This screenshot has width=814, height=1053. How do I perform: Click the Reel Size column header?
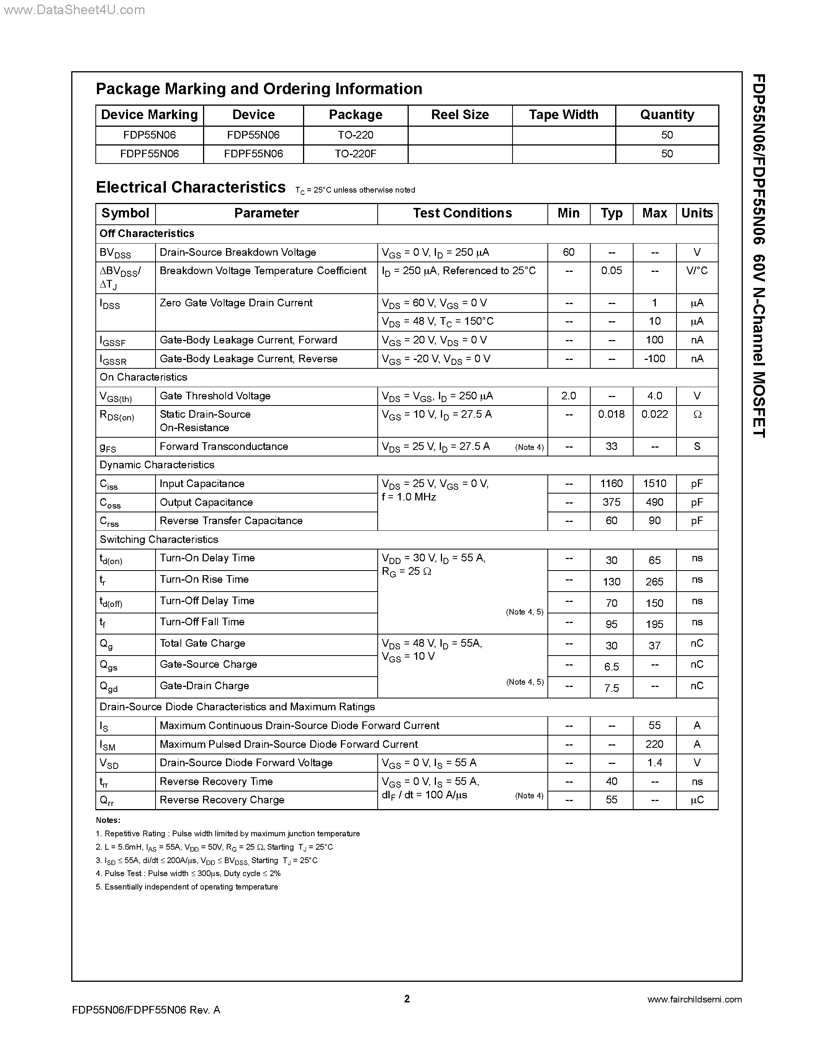460,115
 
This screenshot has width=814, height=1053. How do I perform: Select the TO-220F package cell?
355,154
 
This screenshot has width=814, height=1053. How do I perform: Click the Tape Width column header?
563,115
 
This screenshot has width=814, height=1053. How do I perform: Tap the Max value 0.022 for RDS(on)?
654,414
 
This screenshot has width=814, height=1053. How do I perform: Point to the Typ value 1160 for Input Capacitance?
611,484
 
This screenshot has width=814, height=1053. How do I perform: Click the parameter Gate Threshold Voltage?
215,396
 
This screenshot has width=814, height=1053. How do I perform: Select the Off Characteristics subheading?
147,233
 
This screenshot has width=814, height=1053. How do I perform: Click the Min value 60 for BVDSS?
568,252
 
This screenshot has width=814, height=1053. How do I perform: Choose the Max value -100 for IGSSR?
654,359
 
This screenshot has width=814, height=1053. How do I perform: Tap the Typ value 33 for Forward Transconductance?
611,446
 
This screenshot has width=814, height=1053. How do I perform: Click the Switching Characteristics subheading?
159,540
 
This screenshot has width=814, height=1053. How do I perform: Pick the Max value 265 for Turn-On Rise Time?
654,582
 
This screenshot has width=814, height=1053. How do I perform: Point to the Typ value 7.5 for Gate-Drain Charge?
611,688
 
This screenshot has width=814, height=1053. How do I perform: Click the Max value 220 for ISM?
654,744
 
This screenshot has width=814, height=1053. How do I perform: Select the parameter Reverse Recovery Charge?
222,800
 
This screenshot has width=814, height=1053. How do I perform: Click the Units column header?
697,213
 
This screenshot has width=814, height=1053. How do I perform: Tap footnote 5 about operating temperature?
187,887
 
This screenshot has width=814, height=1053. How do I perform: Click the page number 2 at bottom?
406,999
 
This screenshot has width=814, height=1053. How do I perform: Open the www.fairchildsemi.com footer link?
694,999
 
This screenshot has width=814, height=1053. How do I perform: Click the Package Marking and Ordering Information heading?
259,89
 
